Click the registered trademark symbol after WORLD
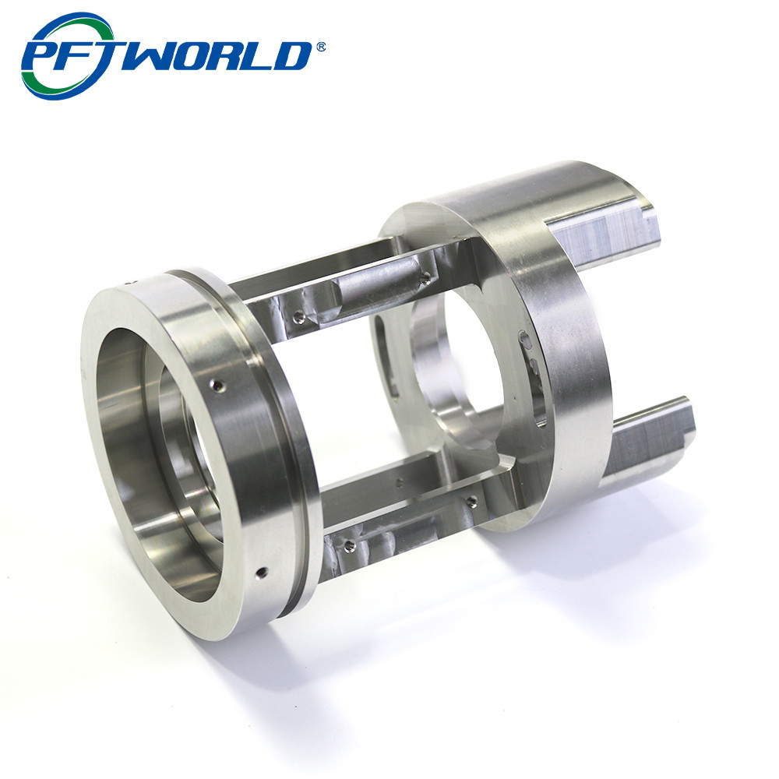(x=320, y=48)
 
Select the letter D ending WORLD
(x=291, y=55)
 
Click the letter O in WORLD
(x=199, y=55)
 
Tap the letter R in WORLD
(x=232, y=55)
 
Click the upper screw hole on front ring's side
(x=217, y=385)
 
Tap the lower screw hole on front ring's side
(x=261, y=573)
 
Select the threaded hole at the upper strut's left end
(x=298, y=316)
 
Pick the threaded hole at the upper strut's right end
(x=425, y=278)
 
